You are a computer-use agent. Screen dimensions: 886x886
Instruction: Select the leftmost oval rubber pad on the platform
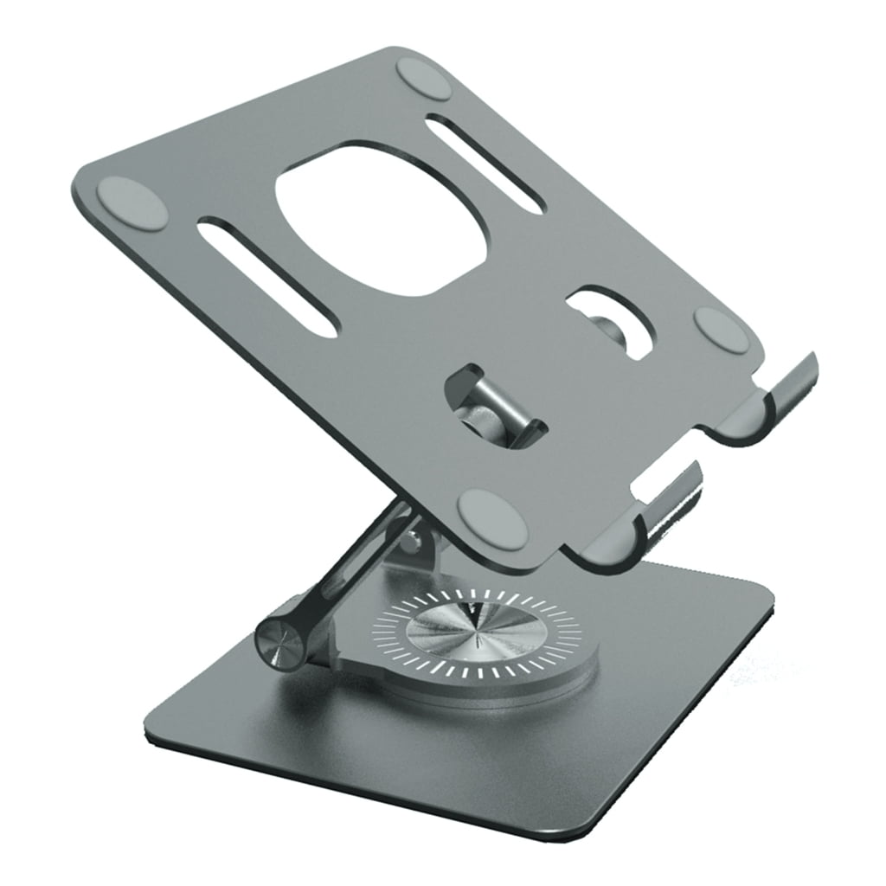[x=132, y=204]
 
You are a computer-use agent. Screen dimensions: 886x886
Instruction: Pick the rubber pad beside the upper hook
[x=722, y=330]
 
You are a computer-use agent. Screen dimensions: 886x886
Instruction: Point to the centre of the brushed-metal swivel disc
[x=476, y=637]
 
